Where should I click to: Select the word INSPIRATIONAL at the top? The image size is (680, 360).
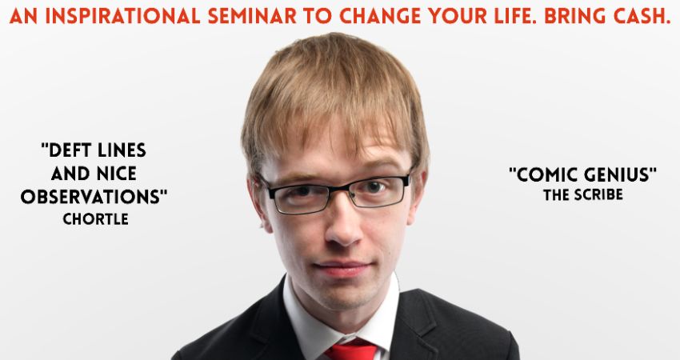122,17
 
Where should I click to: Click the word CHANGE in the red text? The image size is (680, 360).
380,17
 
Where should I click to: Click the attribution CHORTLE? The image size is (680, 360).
95,219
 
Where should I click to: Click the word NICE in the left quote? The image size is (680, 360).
115,174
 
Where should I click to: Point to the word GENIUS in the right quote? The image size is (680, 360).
620,175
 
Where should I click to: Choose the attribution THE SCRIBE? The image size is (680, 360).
583,194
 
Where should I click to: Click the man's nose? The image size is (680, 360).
342,226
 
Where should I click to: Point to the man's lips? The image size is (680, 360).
342,268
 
